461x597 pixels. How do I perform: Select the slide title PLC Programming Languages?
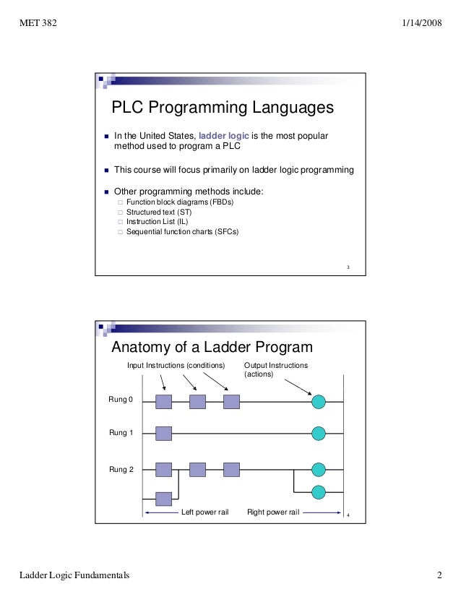tap(222, 108)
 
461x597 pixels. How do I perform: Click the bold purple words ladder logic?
tap(223, 135)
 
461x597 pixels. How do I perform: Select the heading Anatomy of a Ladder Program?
tap(212, 347)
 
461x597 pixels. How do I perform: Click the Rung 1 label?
tap(121, 433)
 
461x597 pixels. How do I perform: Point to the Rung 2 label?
tap(121, 470)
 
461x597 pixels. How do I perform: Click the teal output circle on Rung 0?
tap(318, 401)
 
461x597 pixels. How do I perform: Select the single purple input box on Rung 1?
tap(164, 434)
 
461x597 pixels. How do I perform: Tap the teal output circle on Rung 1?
tap(318, 434)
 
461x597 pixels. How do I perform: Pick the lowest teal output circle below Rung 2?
tap(318, 492)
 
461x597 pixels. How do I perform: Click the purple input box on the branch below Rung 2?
tap(164, 499)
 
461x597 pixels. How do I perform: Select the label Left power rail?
tap(203, 512)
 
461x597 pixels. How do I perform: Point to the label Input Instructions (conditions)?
tap(176, 365)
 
